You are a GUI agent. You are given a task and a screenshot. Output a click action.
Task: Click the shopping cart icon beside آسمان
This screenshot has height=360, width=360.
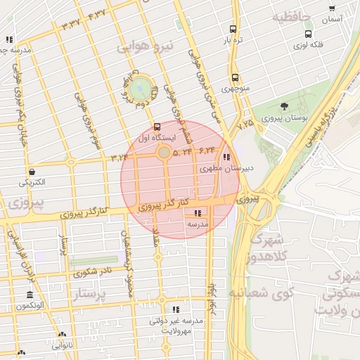(331, 8)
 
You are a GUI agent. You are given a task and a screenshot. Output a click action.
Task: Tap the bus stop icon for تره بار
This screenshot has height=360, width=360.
(233, 30)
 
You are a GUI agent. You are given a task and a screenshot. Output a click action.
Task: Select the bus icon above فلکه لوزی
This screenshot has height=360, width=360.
(308, 34)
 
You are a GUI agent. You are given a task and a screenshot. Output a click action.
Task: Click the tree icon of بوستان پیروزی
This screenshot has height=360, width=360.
(284, 107)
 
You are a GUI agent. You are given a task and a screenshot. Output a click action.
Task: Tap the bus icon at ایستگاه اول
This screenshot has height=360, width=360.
(156, 127)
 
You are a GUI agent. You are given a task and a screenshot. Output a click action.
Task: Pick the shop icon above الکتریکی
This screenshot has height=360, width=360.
(32, 171)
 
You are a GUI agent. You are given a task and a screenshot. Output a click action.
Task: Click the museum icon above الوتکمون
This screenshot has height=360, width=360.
(30, 295)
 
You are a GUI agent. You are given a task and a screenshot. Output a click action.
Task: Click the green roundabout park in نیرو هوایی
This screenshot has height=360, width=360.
(141, 88)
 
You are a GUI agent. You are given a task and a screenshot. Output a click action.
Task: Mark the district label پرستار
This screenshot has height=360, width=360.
(89, 294)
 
